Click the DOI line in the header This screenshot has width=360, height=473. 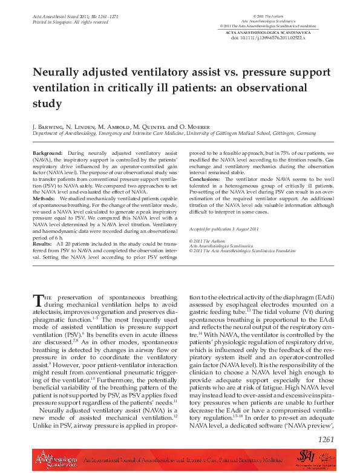268,38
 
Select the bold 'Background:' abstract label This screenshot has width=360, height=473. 47,154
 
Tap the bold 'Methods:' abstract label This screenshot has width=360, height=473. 44,198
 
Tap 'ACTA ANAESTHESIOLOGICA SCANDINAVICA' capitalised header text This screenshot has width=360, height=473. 268,32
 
